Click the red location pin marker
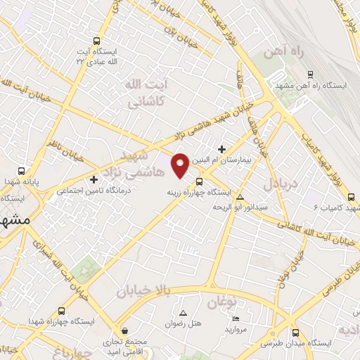(181, 164)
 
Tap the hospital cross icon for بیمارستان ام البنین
(222, 149)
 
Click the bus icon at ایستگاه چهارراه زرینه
(199, 181)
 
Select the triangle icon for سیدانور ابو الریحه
(241, 198)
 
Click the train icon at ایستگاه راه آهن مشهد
(310, 74)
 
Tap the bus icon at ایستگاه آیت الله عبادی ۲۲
(96, 41)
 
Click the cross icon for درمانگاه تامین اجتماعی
(95, 179)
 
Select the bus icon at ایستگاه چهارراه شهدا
(62, 310)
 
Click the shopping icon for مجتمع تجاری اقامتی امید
(124, 330)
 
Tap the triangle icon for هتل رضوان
(184, 313)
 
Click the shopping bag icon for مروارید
(233, 317)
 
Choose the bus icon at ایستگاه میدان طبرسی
(296, 333)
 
